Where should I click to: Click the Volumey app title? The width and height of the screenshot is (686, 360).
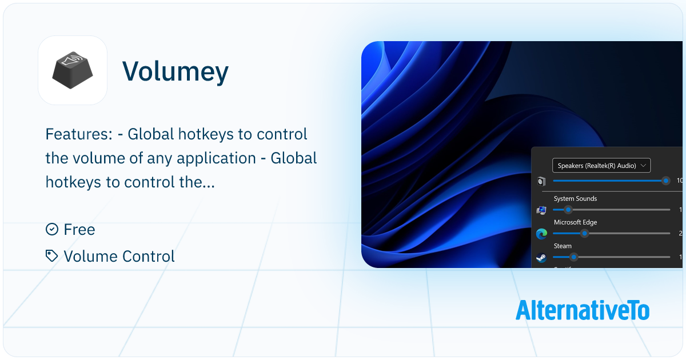click(176, 71)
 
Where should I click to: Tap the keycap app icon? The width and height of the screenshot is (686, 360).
click(73, 70)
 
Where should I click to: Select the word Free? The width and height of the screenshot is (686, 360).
click(79, 230)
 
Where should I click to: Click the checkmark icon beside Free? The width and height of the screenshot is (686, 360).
click(52, 229)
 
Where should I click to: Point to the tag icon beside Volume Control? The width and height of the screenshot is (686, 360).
click(52, 256)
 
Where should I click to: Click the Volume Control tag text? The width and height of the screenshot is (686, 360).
click(119, 257)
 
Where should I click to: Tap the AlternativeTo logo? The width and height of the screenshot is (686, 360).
click(582, 310)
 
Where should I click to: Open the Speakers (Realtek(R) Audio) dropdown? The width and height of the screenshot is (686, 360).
click(601, 166)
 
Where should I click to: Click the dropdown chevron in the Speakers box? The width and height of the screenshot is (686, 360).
click(644, 166)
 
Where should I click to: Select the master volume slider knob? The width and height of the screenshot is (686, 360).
click(665, 181)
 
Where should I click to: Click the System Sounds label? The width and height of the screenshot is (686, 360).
click(575, 199)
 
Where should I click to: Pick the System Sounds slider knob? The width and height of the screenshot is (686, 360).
click(568, 210)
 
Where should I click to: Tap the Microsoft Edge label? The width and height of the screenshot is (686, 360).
click(575, 222)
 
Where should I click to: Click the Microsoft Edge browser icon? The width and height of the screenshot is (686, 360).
click(541, 233)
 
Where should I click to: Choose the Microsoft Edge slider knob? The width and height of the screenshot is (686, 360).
click(584, 233)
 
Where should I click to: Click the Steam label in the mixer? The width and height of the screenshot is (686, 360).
click(563, 246)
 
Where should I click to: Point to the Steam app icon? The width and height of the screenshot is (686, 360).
click(541, 258)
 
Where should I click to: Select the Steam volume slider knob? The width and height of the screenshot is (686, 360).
click(573, 257)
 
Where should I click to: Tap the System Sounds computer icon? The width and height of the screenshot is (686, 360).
click(541, 210)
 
